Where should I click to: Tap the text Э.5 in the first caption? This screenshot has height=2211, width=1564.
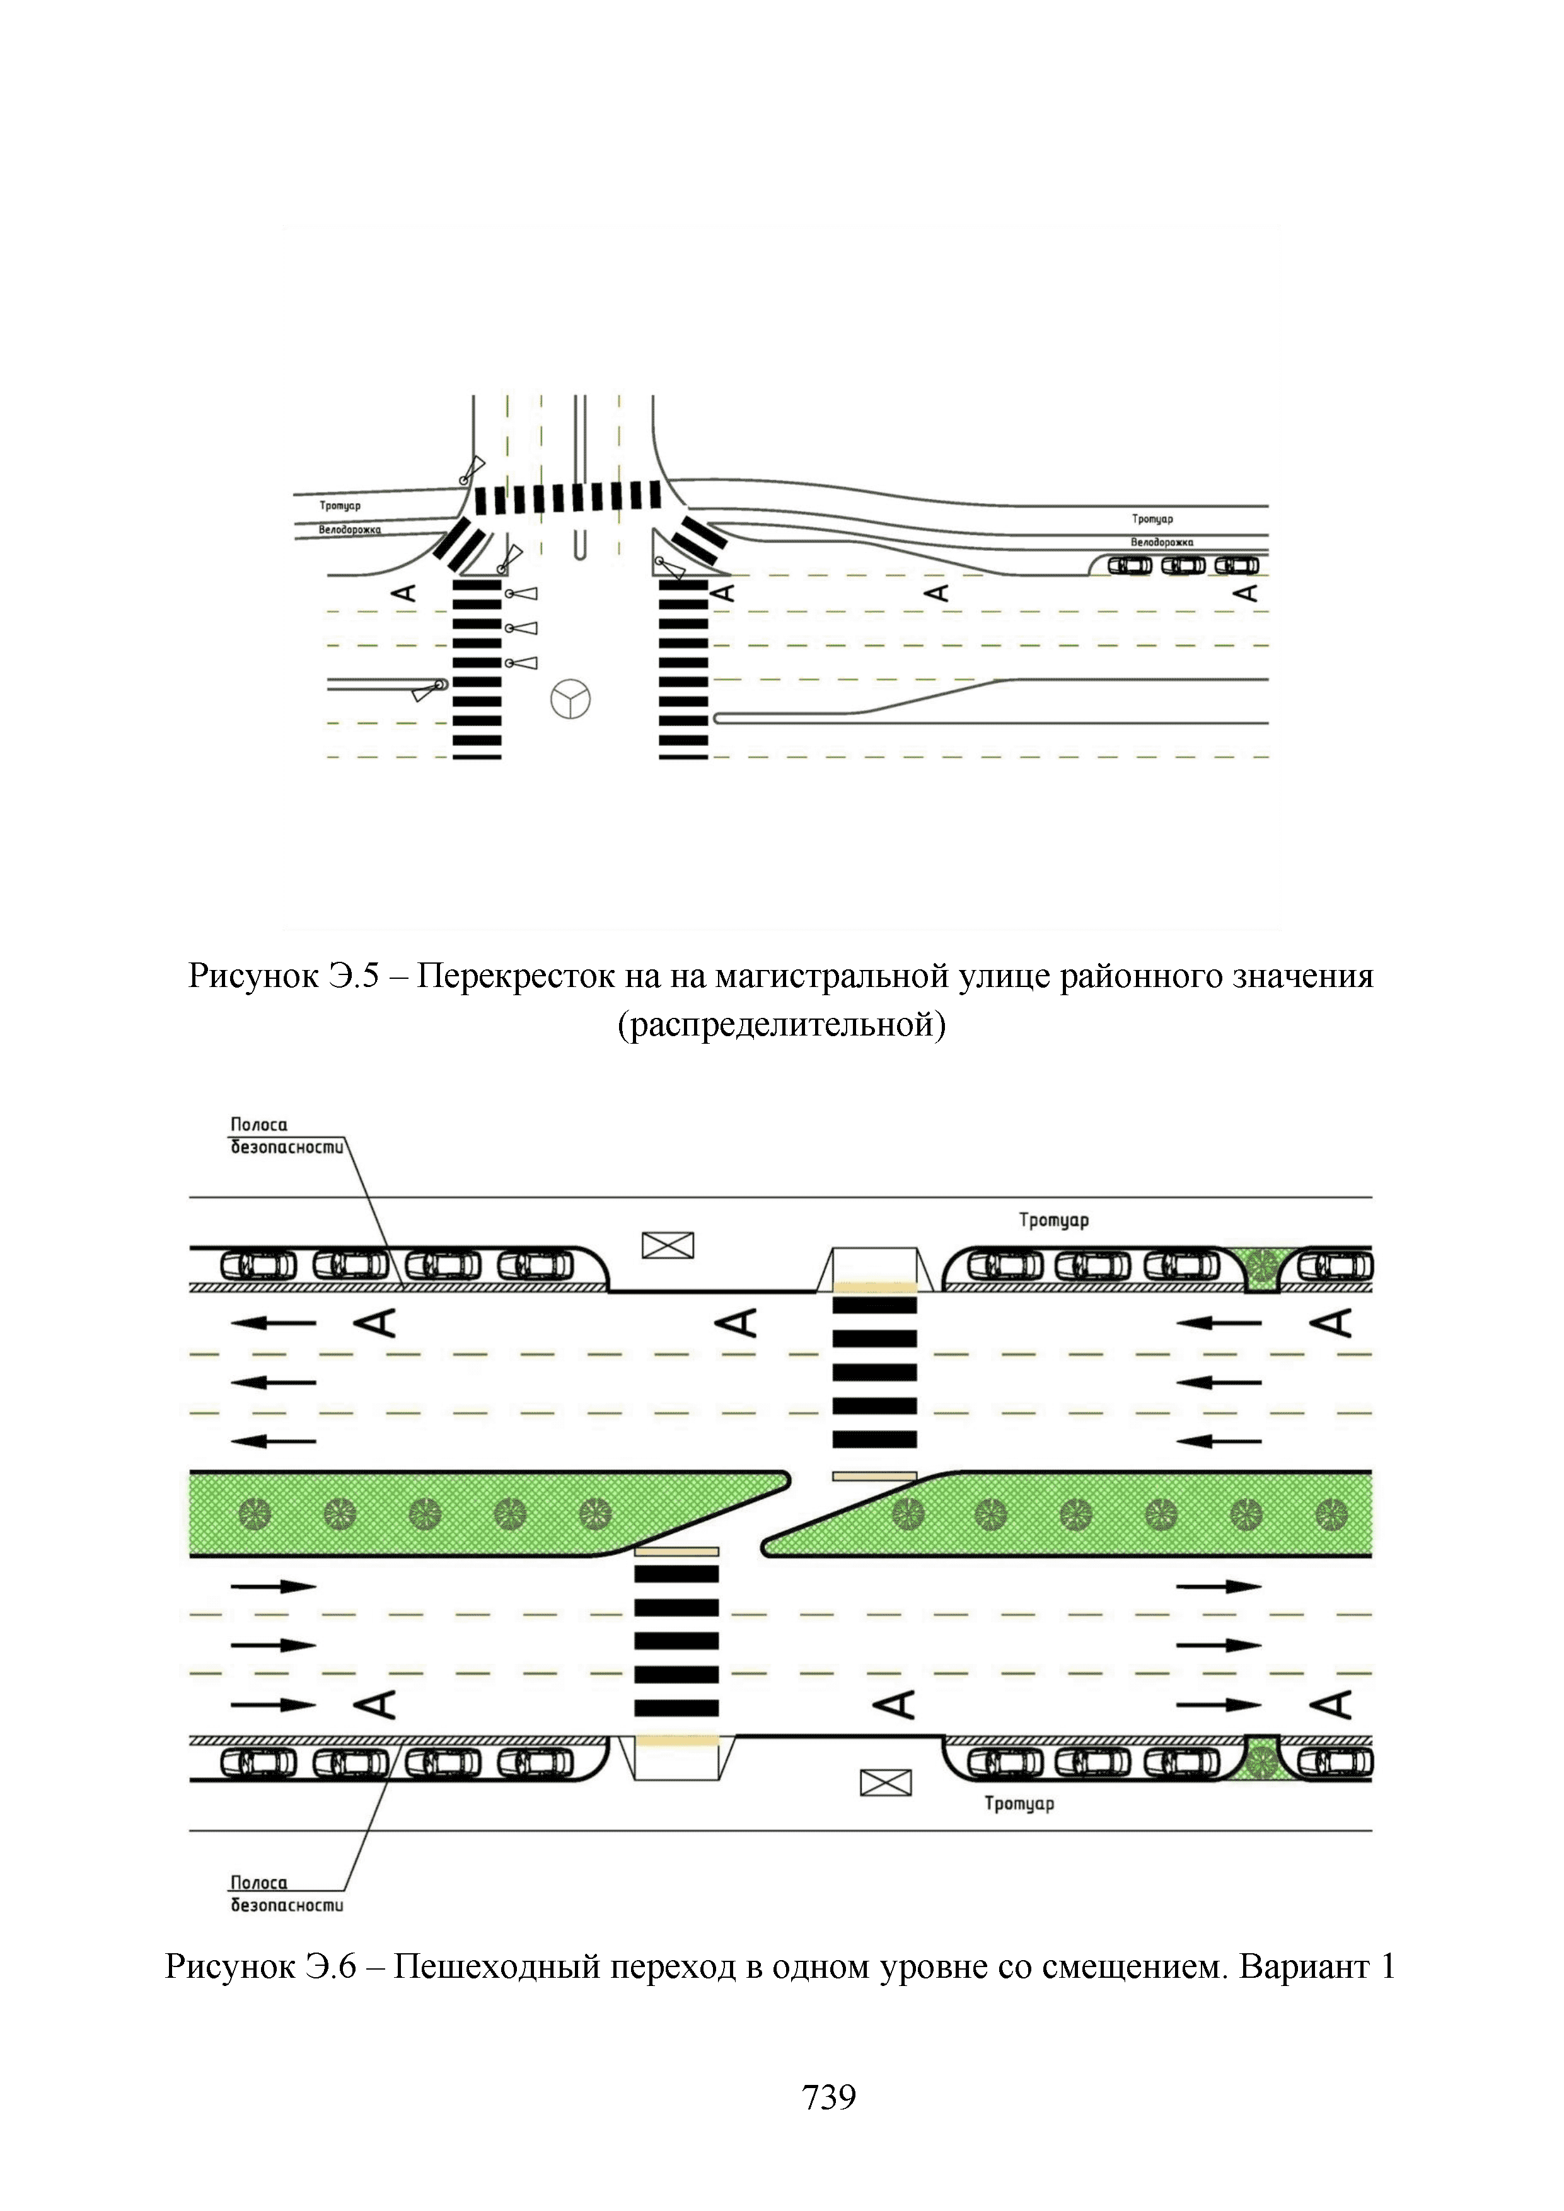[356, 976]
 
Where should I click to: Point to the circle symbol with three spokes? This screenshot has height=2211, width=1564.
[570, 699]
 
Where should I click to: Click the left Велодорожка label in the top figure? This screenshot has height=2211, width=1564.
[350, 529]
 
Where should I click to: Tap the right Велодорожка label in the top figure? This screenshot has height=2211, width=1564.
[1161, 542]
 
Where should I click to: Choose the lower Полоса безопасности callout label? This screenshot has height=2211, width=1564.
[286, 1893]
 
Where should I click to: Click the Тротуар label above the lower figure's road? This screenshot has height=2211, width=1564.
[1053, 1220]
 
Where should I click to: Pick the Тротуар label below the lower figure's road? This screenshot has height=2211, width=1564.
[1019, 1803]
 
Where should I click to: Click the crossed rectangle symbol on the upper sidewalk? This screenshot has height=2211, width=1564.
[668, 1246]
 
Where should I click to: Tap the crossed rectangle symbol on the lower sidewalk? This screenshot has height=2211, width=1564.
[885, 1784]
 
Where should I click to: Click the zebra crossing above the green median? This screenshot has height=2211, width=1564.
[874, 1372]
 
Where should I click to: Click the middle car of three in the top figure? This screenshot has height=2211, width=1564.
[1183, 565]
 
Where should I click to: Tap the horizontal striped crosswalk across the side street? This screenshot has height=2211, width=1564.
[567, 498]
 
